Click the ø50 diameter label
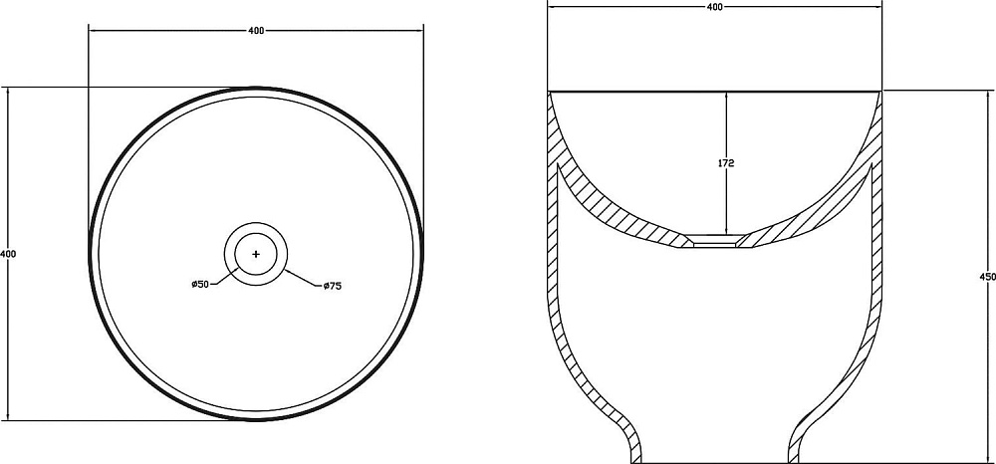coord(200,285)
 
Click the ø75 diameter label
coord(333,287)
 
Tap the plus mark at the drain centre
coord(256,254)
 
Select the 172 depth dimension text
coord(726,163)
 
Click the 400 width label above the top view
coord(256,31)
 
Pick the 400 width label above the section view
coord(714,7)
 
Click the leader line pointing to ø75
coord(301,279)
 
